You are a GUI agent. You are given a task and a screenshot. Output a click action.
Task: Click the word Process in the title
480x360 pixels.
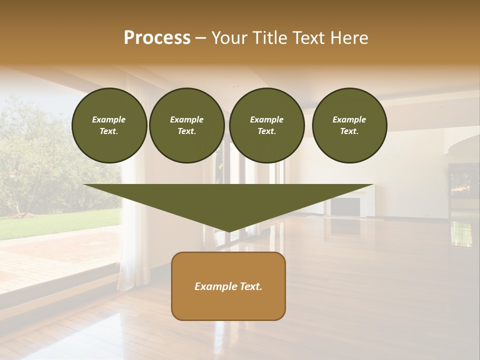click(157, 38)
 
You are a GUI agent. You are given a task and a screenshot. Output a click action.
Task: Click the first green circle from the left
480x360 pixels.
click(109, 125)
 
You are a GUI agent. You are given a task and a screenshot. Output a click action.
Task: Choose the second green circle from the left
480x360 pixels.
click(186, 125)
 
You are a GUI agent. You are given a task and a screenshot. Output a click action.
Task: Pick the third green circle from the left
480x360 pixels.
click(266, 125)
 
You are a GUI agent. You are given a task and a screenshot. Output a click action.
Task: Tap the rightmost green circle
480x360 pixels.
click(349, 125)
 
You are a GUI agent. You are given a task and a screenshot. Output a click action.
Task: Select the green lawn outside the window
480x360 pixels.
click(55, 222)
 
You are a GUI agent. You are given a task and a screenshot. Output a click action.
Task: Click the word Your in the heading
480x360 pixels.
click(229, 38)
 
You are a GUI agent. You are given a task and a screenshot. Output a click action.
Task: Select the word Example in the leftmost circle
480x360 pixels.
click(109, 119)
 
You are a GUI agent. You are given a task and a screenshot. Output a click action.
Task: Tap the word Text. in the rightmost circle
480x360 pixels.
click(349, 131)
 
